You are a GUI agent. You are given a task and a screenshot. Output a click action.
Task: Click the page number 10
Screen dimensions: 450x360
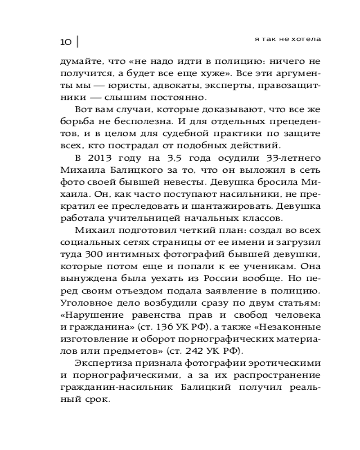(66, 42)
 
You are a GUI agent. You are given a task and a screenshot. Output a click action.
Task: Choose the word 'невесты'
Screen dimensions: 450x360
(182, 182)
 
